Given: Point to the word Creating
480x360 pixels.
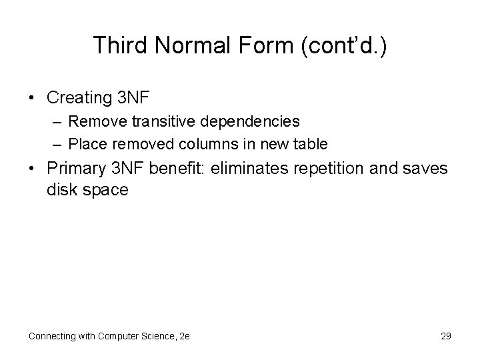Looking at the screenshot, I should [79, 97].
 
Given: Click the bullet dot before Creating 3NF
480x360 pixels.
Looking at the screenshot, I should [31, 97].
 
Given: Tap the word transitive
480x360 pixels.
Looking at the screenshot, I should [147, 122].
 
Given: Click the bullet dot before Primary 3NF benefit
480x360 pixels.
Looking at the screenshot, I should [31, 169].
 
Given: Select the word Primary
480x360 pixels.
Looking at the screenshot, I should [75, 169].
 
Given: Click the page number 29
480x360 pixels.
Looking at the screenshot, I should [445, 336].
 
